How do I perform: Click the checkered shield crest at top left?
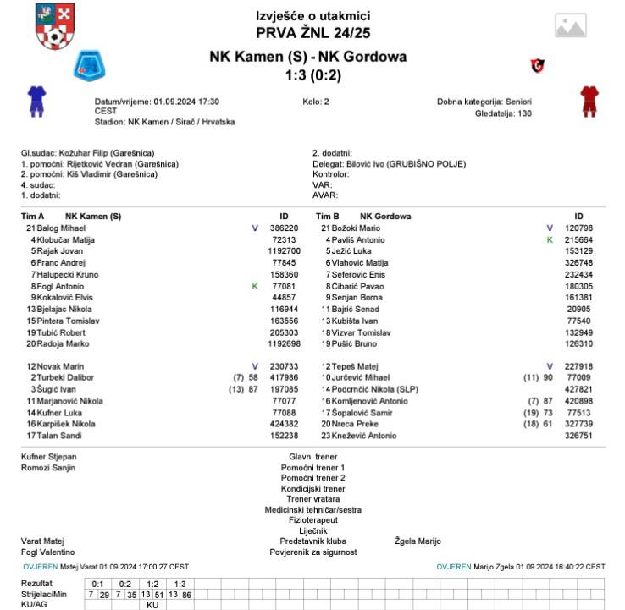[53, 26]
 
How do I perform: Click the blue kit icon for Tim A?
[36, 100]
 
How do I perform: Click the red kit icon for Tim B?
[589, 100]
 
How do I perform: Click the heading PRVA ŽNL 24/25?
[312, 33]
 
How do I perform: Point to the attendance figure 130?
[524, 113]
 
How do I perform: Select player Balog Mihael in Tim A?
[61, 228]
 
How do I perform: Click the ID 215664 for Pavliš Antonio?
[578, 240]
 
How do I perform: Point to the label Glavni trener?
[312, 457]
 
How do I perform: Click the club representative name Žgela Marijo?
[418, 541]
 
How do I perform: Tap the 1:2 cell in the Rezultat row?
[153, 584]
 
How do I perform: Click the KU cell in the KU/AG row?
[153, 605]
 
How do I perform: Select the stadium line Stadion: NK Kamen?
[165, 122]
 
